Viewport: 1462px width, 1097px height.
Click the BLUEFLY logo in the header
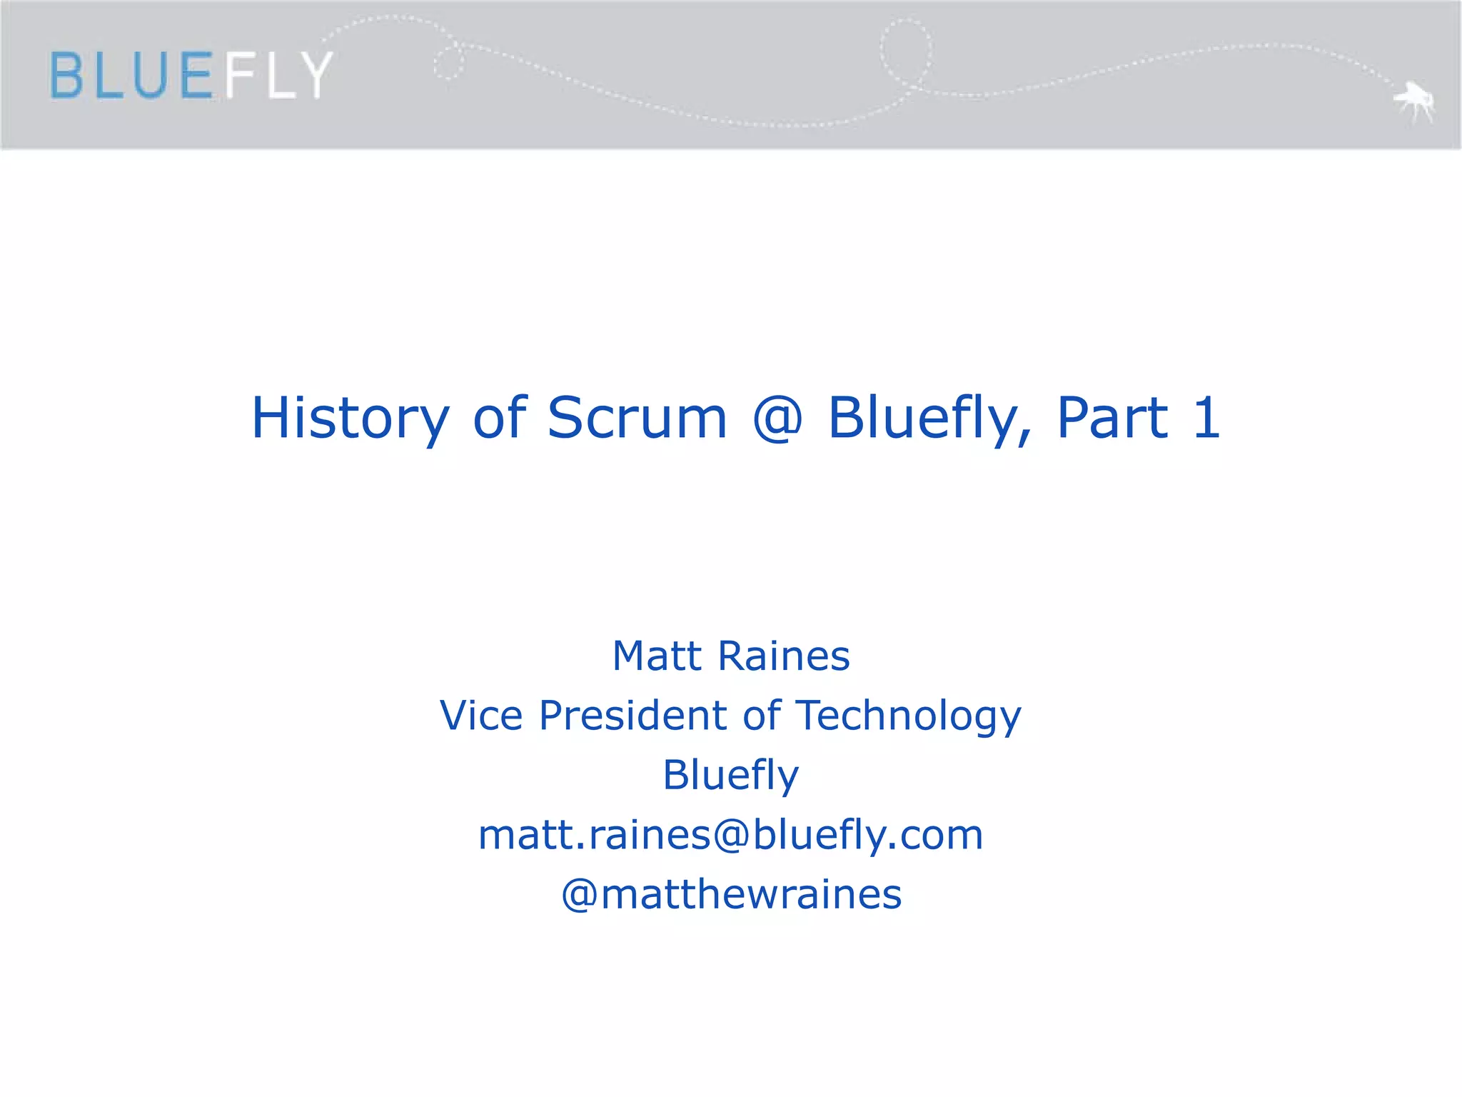tap(191, 74)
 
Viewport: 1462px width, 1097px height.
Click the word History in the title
tap(350, 419)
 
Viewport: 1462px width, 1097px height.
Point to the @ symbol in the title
tap(777, 419)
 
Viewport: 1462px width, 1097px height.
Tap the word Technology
tap(908, 716)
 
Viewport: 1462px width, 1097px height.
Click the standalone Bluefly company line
tap(731, 776)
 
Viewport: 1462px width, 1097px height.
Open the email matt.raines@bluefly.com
tap(731, 834)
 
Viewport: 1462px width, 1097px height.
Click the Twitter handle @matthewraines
tap(731, 894)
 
